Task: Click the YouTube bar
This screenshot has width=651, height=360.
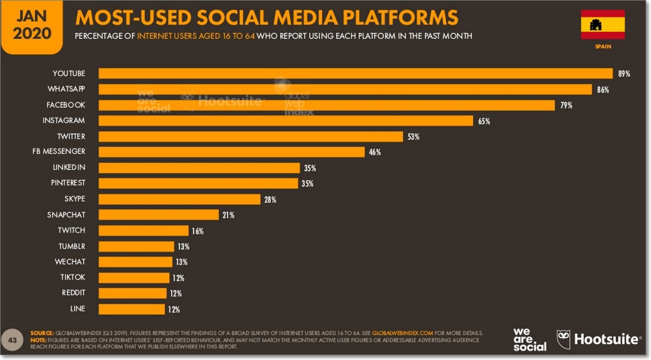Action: pyautogui.click(x=355, y=74)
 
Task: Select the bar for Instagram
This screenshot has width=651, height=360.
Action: pyautogui.click(x=286, y=121)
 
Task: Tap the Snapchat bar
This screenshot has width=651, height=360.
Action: pyautogui.click(x=159, y=215)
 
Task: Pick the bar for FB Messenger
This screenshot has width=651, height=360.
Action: pyautogui.click(x=231, y=152)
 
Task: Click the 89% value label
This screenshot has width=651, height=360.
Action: pyautogui.click(x=624, y=74)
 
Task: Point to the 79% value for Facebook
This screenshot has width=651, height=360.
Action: pyautogui.click(x=566, y=106)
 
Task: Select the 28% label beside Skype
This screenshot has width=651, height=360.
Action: pyautogui.click(x=269, y=199)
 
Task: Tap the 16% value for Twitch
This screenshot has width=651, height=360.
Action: pyautogui.click(x=197, y=231)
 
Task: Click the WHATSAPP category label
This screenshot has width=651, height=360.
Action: pyautogui.click(x=66, y=89)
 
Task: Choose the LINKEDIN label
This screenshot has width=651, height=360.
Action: pyautogui.click(x=69, y=167)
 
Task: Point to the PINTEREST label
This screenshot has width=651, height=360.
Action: pyautogui.click(x=68, y=183)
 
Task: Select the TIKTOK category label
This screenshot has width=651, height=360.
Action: pyautogui.click(x=73, y=277)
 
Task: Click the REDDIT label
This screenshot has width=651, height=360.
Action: pyautogui.click(x=73, y=293)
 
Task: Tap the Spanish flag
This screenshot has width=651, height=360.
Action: pyautogui.click(x=602, y=25)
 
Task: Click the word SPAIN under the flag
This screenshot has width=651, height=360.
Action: pyautogui.click(x=603, y=46)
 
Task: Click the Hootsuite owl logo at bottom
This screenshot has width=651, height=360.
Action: pyautogui.click(x=564, y=339)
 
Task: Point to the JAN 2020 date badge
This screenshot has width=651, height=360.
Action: pyautogui.click(x=32, y=25)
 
